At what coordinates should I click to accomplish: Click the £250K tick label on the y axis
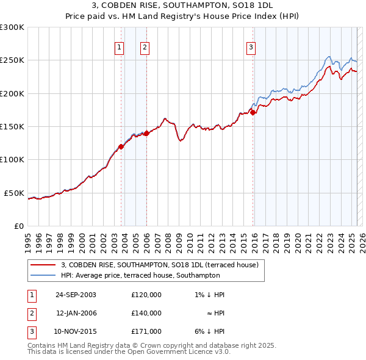coord(12,60)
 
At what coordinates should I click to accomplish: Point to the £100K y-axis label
coord(12,159)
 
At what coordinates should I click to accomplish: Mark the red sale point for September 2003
coord(121,146)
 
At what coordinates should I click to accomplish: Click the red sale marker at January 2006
coord(146,133)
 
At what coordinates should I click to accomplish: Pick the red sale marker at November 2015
coord(253,113)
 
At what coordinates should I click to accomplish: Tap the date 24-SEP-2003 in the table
coord(76,295)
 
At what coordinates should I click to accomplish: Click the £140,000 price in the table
coord(146,313)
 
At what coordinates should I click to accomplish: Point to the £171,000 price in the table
coord(146,331)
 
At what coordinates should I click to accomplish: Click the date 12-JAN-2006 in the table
coord(76,313)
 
